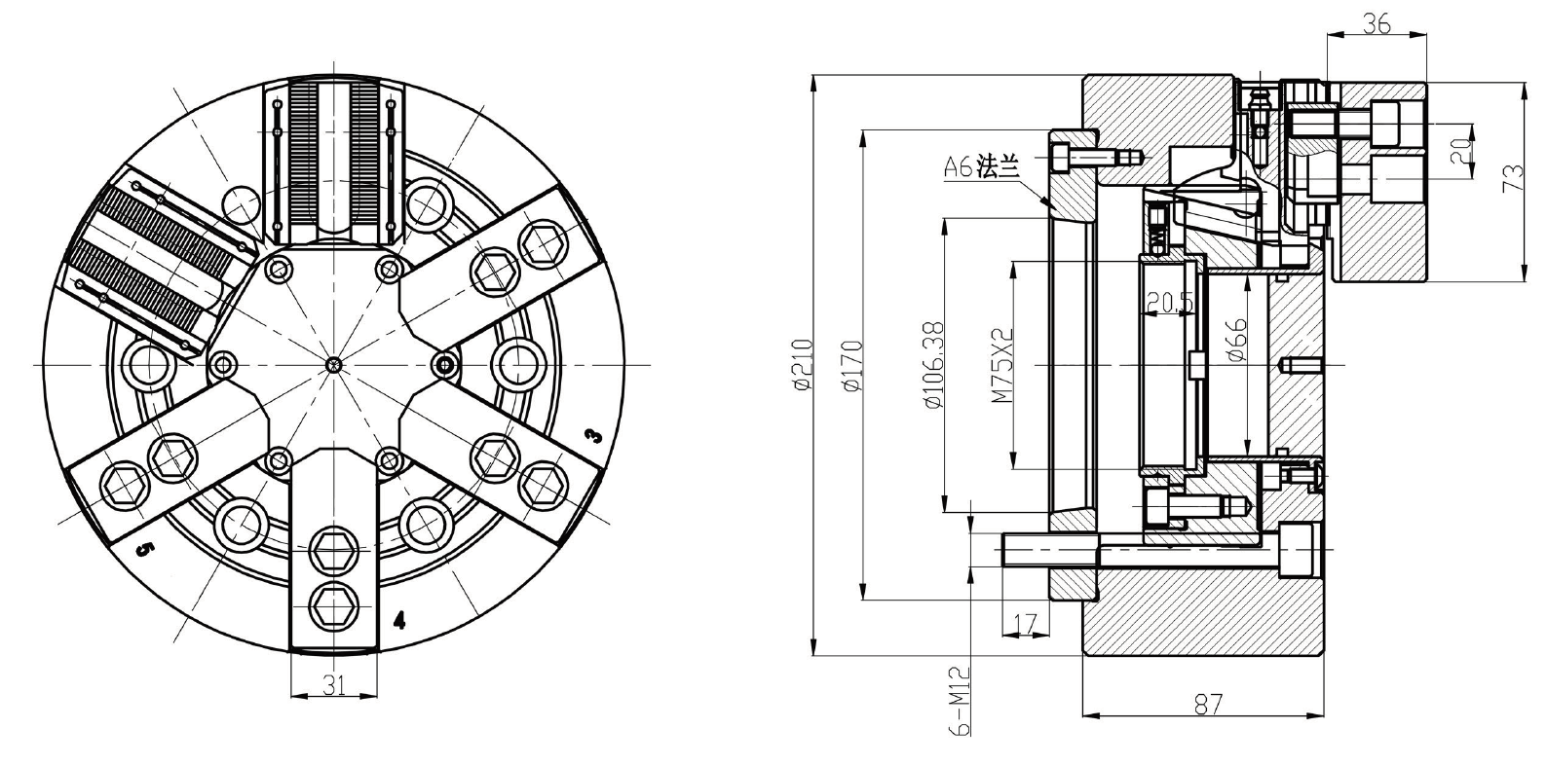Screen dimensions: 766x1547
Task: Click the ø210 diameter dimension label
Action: (x=803, y=365)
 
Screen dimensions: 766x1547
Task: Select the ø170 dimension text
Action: (x=851, y=365)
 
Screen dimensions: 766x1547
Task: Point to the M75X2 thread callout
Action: (x=1000, y=365)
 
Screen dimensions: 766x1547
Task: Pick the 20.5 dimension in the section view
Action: (x=1168, y=303)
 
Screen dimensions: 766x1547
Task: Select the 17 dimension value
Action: (x=1025, y=620)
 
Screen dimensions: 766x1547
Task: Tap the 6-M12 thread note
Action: (x=959, y=701)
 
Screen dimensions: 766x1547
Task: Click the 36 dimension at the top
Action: (x=1375, y=23)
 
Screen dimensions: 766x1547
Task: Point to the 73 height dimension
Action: (x=1513, y=178)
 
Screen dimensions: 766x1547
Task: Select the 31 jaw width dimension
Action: (x=334, y=684)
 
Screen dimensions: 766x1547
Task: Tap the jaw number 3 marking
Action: (x=594, y=435)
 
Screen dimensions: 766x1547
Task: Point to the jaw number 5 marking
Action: (x=143, y=551)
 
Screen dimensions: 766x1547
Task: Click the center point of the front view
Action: (x=334, y=365)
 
